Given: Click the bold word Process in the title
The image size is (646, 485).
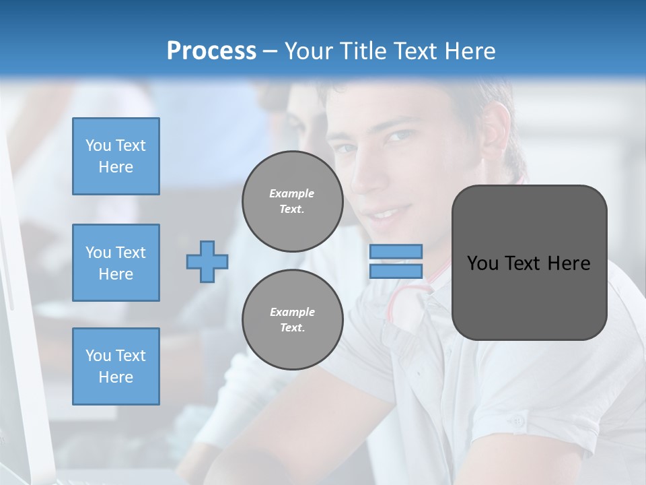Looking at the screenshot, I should pos(211,51).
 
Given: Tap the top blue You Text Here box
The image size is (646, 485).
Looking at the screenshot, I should pos(116,156).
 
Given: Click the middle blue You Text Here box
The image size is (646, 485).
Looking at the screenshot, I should pos(116,263).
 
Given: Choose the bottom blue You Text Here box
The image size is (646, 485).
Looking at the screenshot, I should pos(116,366).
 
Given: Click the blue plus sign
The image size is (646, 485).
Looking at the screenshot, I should pos(207,261).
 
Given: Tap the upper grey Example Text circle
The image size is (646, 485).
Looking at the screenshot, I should pos(292,201).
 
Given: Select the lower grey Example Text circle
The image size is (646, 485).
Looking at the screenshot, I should pos(292,320).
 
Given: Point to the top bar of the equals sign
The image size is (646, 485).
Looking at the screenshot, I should pos(396,251).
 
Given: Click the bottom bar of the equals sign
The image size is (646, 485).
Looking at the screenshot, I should pos(396,271).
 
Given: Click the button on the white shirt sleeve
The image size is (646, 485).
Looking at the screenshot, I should pos(516,422).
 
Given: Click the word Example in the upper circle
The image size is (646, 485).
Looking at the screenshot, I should pos(292,193).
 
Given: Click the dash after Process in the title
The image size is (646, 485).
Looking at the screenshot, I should pos(271,51).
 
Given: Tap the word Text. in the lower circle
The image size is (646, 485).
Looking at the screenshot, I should pos(292,328).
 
